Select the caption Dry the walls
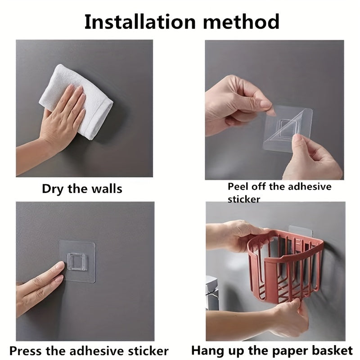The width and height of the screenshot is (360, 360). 82,188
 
